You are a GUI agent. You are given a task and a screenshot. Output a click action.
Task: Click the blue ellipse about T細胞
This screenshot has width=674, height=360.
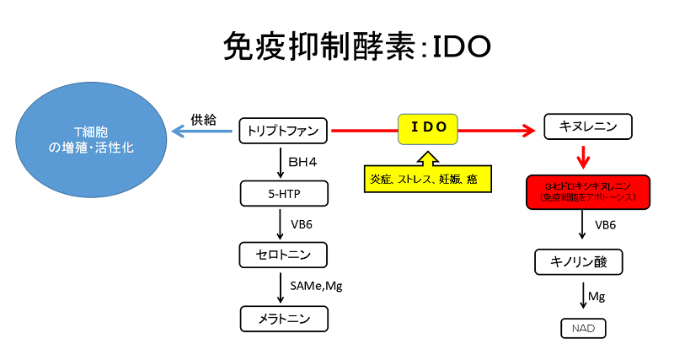[x=85, y=138]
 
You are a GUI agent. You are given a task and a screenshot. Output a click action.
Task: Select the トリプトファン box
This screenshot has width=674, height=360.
[x=283, y=131]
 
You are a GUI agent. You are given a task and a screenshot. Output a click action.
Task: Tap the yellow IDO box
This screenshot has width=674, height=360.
[x=428, y=129]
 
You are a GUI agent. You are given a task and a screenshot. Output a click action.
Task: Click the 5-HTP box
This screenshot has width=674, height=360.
[x=283, y=193]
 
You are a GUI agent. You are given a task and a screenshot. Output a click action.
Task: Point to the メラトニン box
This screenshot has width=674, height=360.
[x=283, y=319]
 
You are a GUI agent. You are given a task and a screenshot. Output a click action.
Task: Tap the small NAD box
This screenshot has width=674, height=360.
[x=583, y=327]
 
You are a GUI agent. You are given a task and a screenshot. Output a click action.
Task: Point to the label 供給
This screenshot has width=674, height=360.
[x=204, y=120]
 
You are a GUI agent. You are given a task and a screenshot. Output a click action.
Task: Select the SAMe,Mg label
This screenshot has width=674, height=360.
[x=316, y=287]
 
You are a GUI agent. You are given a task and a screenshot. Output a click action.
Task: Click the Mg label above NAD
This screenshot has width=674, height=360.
[x=597, y=297]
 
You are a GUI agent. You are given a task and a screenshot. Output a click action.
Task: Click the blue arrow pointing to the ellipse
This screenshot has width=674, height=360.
[x=202, y=132]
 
